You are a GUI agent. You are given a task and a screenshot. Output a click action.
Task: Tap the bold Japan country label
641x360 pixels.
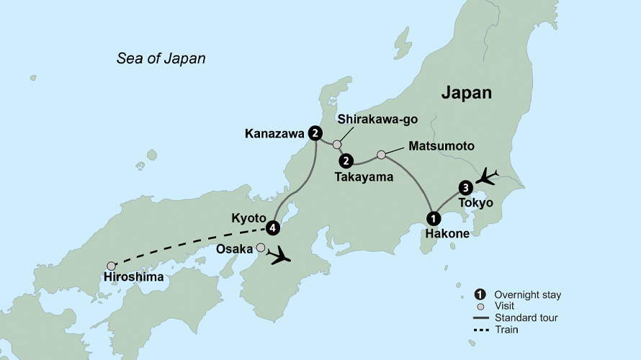pos(466,93)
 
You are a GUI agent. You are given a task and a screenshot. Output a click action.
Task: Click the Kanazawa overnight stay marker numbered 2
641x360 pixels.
pos(315,132)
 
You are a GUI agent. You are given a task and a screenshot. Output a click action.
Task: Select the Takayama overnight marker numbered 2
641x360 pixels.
pos(346,160)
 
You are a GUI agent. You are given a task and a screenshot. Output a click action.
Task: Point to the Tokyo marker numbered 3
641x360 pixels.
pos(466,188)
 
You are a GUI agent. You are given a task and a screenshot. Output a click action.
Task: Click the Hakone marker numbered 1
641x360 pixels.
pos(434,217)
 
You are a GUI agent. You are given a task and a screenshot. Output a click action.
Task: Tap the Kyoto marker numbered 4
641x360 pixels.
pos(272,228)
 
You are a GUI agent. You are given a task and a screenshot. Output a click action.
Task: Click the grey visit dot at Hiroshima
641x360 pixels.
pos(111,266)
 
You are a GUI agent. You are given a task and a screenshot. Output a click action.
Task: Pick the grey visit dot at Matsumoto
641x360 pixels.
pos(382,154)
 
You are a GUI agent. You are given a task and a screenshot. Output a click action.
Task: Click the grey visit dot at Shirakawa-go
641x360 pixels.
pos(336,145)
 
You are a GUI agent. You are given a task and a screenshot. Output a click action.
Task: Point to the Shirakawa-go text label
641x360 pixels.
pos(377,120)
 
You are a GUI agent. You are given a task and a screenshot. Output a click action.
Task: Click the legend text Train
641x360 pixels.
pos(506,330)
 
